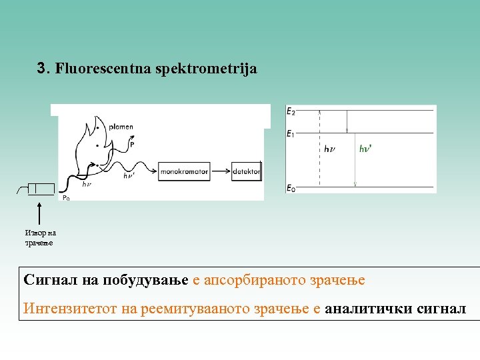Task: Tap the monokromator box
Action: pyautogui.click(x=185, y=171)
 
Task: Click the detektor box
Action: pyautogui.click(x=246, y=171)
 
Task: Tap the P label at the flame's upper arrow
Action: pyautogui.click(x=132, y=143)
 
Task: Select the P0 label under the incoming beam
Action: pyautogui.click(x=66, y=197)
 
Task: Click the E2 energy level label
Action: pyautogui.click(x=291, y=111)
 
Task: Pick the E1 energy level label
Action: pyautogui.click(x=291, y=135)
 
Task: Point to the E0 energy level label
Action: pyautogui.click(x=291, y=189)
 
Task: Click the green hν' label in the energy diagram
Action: pyautogui.click(x=365, y=149)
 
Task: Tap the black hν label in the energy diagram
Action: pyautogui.click(x=330, y=149)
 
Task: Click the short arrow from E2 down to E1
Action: pyautogui.click(x=346, y=122)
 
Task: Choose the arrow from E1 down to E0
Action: pyautogui.click(x=356, y=160)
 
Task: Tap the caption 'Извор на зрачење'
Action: pyautogui.click(x=40, y=238)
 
